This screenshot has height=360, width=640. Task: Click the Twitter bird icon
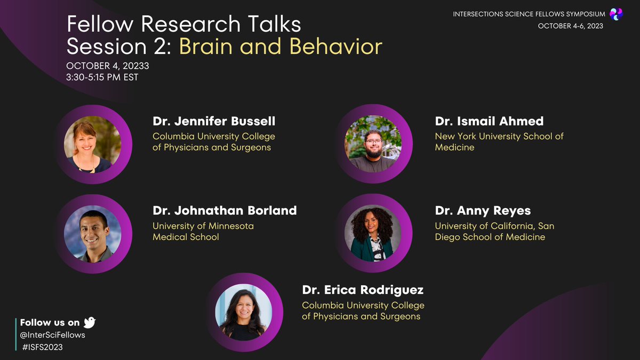(x=90, y=322)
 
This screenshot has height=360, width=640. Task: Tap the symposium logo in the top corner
(x=616, y=14)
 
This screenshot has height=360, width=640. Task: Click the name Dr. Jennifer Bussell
(x=214, y=121)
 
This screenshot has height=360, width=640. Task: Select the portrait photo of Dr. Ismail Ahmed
(x=373, y=143)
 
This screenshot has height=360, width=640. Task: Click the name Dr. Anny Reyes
(x=483, y=211)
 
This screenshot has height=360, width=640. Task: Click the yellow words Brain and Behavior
(x=281, y=47)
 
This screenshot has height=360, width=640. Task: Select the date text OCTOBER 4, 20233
(x=107, y=66)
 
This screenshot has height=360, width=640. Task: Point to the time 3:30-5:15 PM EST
(x=102, y=78)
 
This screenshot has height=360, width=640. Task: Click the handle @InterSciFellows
(x=52, y=335)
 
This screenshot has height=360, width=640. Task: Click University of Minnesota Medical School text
(x=203, y=231)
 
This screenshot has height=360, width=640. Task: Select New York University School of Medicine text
(x=499, y=142)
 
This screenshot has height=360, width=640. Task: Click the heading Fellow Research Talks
(x=183, y=24)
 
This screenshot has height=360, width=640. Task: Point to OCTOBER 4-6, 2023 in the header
(x=570, y=26)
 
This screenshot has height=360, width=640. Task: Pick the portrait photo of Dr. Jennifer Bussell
(x=92, y=144)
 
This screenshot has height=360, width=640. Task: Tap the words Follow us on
(x=50, y=323)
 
